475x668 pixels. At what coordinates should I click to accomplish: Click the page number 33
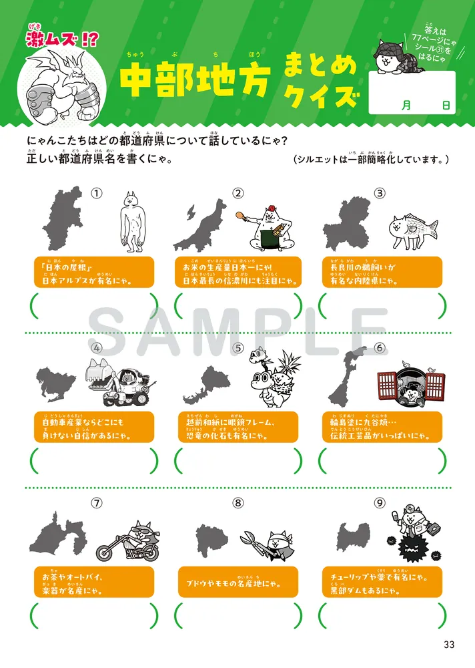[x=448, y=645]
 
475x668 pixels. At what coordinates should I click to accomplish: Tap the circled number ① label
[x=97, y=193]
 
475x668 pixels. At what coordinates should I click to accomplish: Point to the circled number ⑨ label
[x=380, y=503]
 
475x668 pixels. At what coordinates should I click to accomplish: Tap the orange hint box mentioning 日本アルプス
[x=93, y=273]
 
